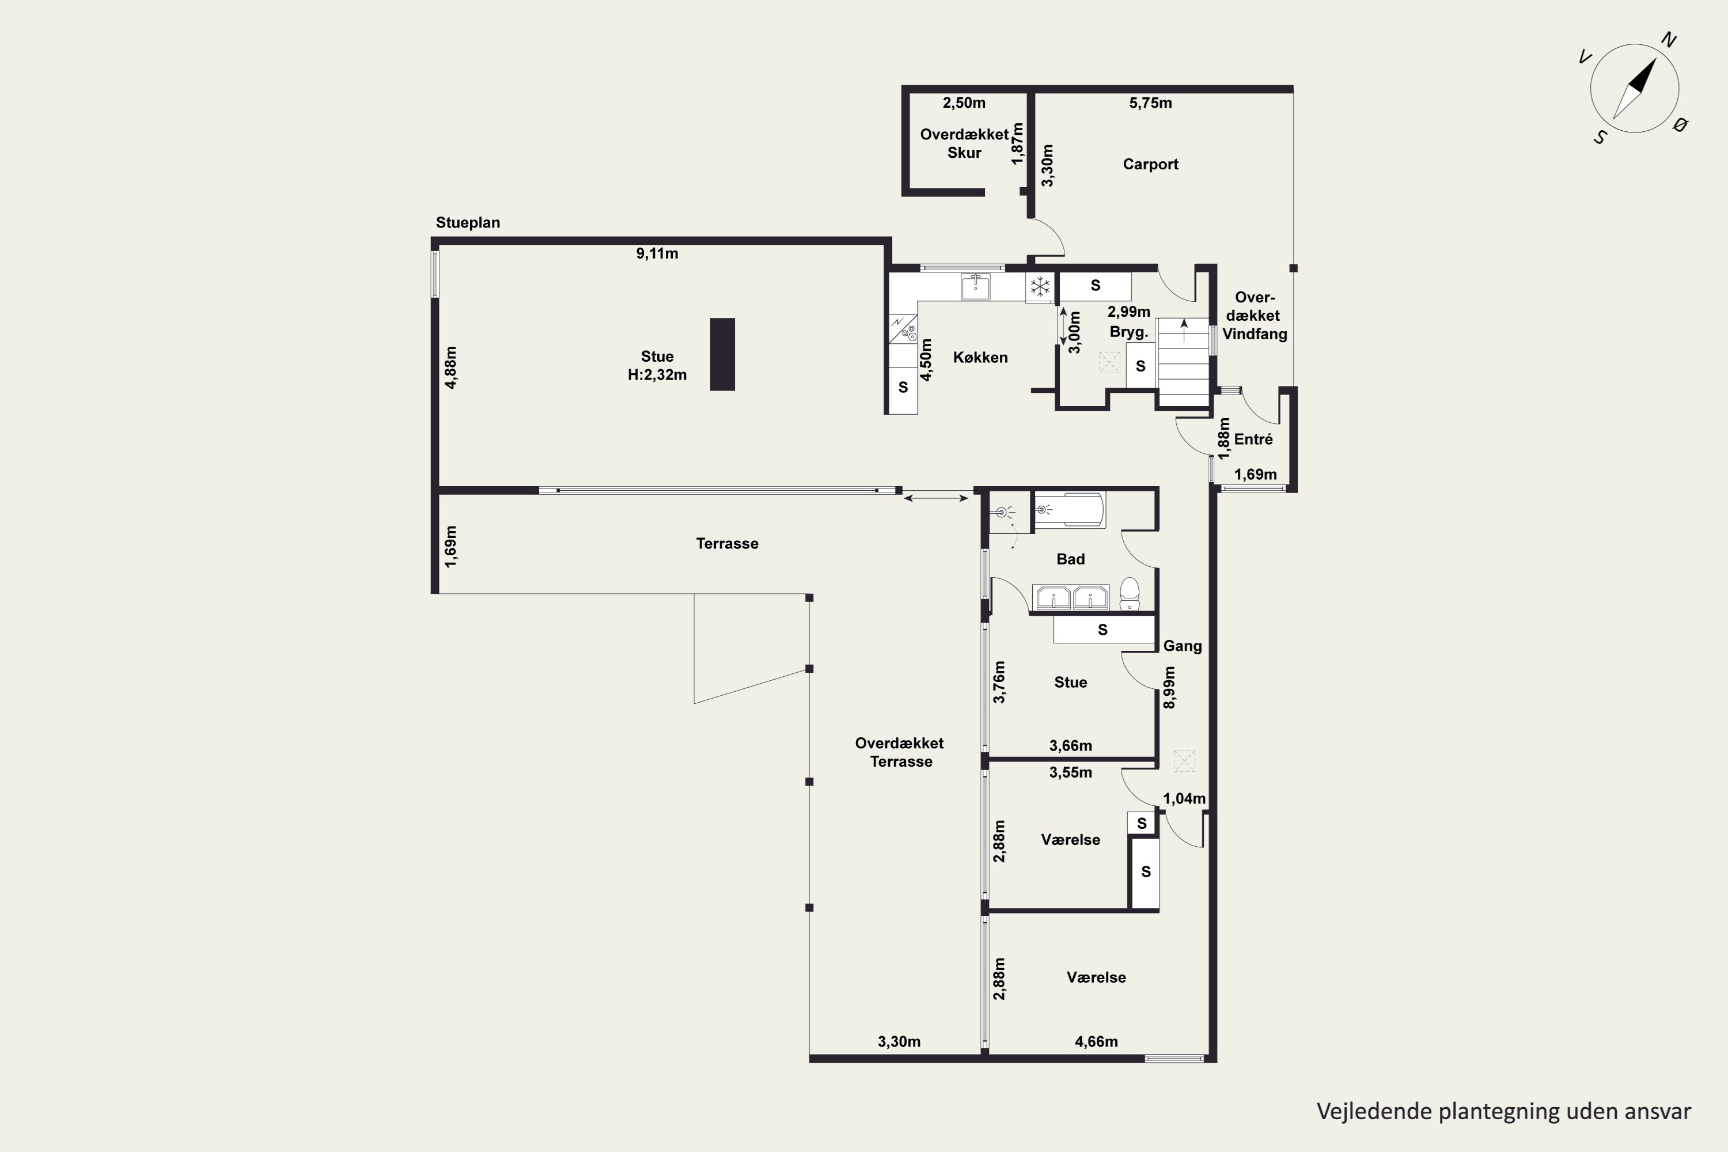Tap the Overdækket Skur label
pos(964,143)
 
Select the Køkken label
pos(980,358)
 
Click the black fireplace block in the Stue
pos(722,354)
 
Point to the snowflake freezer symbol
pos(1040,286)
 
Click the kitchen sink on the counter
pos(976,286)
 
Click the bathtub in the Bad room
pos(1069,510)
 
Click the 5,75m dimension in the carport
pos(1150,103)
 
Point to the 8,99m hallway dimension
pos(1170,687)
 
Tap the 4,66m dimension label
pos(1096,1042)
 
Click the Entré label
pos(1253,439)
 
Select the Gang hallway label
pos(1182,646)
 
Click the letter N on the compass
pos(1669,40)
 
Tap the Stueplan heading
pos(468,222)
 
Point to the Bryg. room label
pos(1128,332)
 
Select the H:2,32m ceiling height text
pos(657,376)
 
